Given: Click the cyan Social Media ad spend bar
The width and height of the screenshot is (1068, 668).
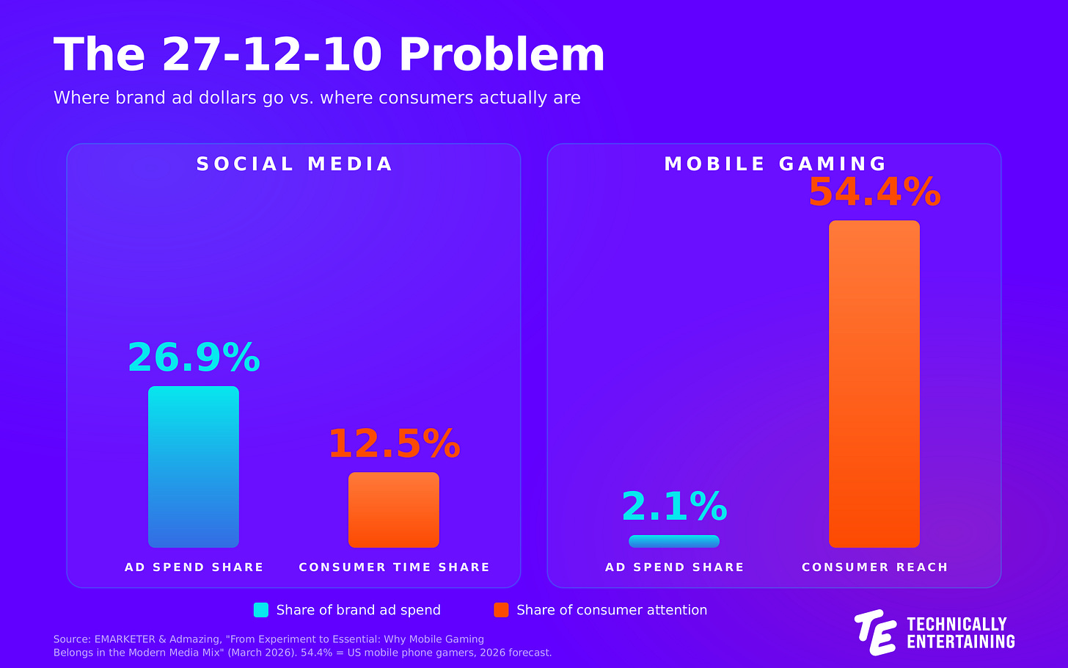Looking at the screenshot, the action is coord(194,467).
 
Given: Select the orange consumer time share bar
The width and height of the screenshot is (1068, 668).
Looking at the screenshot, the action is coord(394,509).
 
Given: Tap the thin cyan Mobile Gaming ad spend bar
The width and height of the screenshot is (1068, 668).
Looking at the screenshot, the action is coord(674,541).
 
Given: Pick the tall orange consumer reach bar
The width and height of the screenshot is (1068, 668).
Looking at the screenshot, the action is coord(874,384).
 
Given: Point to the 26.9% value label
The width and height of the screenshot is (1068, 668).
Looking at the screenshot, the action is coord(194,357).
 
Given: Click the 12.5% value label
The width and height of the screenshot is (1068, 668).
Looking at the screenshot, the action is coord(395,443).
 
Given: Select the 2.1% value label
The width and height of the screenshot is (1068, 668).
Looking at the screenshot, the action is coord(674,507).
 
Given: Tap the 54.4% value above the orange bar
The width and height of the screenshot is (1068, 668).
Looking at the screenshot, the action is coord(874,192).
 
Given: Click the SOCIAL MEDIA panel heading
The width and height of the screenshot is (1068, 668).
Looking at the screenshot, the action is coord(294,164).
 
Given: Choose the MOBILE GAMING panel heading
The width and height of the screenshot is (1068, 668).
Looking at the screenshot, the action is coord(775,164).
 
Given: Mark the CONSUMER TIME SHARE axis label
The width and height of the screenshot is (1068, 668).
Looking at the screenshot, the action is coord(395,567).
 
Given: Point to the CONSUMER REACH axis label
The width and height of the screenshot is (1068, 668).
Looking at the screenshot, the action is coord(874,567).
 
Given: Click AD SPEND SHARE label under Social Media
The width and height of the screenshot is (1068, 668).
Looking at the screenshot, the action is coord(194,567).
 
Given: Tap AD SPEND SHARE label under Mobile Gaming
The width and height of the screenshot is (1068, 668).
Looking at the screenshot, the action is coord(674,567).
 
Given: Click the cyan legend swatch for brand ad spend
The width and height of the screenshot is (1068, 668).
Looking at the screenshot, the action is coord(261,610).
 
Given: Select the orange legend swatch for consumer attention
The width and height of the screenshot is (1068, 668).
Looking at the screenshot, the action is coord(501,610).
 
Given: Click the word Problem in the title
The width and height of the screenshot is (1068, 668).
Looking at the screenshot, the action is coord(502,55).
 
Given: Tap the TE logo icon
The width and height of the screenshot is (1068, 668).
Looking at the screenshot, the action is coord(875,632).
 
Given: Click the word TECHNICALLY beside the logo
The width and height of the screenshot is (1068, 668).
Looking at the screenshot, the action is coord(957,624).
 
